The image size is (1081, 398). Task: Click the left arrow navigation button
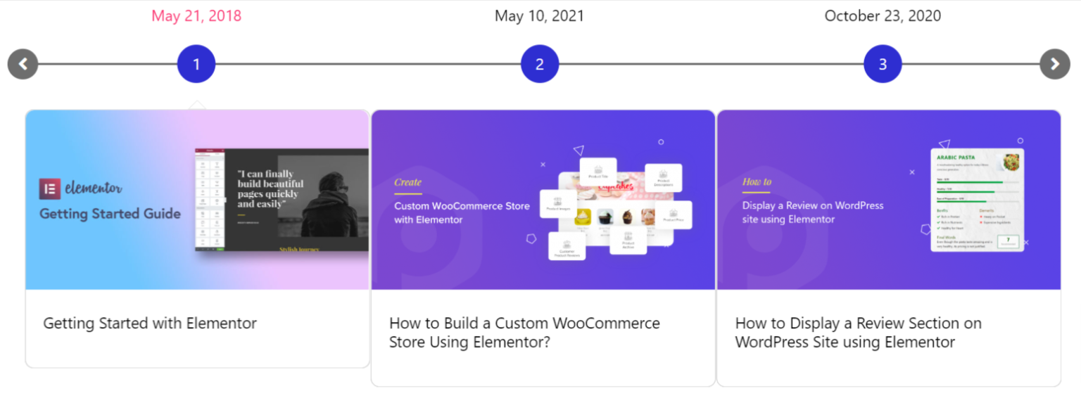tap(23, 64)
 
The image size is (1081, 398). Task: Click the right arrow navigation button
tap(1054, 64)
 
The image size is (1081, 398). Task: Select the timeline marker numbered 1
tap(196, 64)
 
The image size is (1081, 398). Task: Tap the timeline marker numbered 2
tap(540, 64)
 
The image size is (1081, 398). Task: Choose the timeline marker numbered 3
tap(883, 64)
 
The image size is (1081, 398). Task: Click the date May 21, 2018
tap(196, 15)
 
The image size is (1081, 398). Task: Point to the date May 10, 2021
tap(539, 15)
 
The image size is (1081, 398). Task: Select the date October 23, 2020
tap(883, 15)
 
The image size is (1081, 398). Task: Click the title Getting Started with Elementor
tap(150, 323)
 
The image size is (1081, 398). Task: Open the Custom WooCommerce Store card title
tap(524, 333)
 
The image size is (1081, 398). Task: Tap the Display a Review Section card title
tap(858, 333)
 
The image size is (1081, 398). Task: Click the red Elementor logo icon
tap(49, 188)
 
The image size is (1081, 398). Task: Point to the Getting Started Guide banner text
tap(110, 214)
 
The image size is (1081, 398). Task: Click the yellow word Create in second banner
tap(407, 182)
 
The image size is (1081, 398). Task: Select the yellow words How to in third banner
tap(757, 181)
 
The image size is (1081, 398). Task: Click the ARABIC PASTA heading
tap(955, 158)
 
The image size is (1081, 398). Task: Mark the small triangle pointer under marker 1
tap(196, 105)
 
